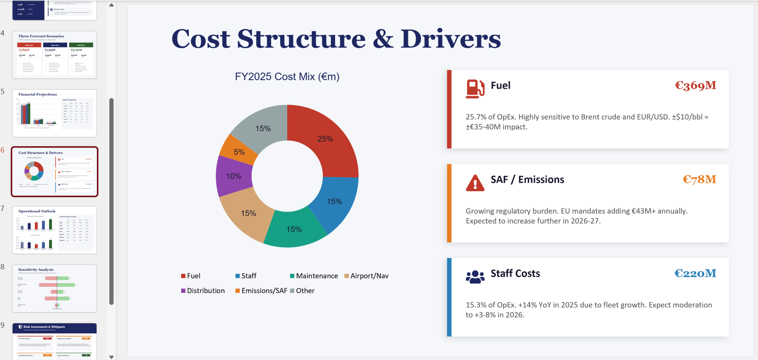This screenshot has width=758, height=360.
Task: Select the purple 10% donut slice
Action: (x=234, y=176)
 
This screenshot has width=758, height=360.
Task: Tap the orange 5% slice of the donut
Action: (x=239, y=152)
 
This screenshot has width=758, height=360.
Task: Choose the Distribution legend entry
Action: (x=203, y=291)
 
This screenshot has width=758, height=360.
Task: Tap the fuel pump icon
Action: (x=475, y=88)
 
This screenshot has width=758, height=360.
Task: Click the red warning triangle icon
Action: (x=475, y=183)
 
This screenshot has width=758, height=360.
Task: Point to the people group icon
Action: (x=475, y=276)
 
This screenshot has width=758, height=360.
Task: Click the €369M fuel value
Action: (x=695, y=86)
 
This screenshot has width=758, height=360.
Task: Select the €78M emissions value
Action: (x=699, y=180)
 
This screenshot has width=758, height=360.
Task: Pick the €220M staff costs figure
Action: (x=695, y=274)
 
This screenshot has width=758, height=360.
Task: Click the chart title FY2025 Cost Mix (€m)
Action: (x=287, y=76)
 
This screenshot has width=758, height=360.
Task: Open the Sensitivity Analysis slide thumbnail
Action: (x=54, y=288)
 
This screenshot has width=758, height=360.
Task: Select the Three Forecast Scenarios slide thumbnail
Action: (x=54, y=55)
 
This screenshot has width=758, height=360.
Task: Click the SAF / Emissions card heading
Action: (x=527, y=180)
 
